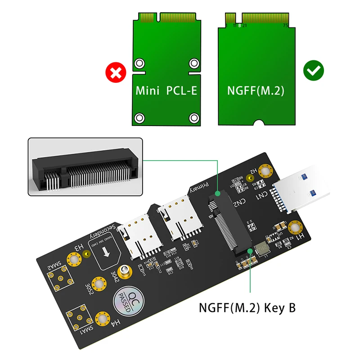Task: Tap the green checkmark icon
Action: coord(314,71)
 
